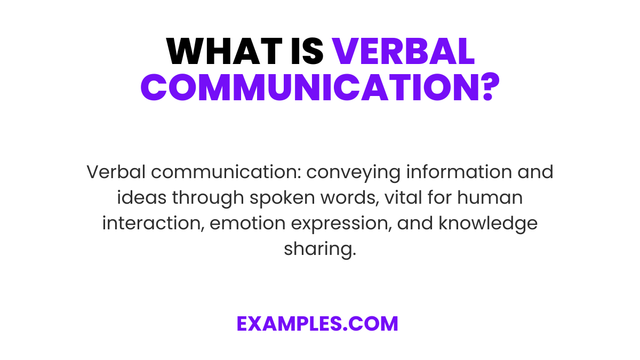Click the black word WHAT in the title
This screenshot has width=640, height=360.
pyautogui.click(x=219, y=52)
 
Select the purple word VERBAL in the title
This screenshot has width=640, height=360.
pyautogui.click(x=403, y=52)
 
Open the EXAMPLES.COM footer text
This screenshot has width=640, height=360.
pyautogui.click(x=318, y=324)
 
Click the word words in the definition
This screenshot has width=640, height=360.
pyautogui.click(x=343, y=198)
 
